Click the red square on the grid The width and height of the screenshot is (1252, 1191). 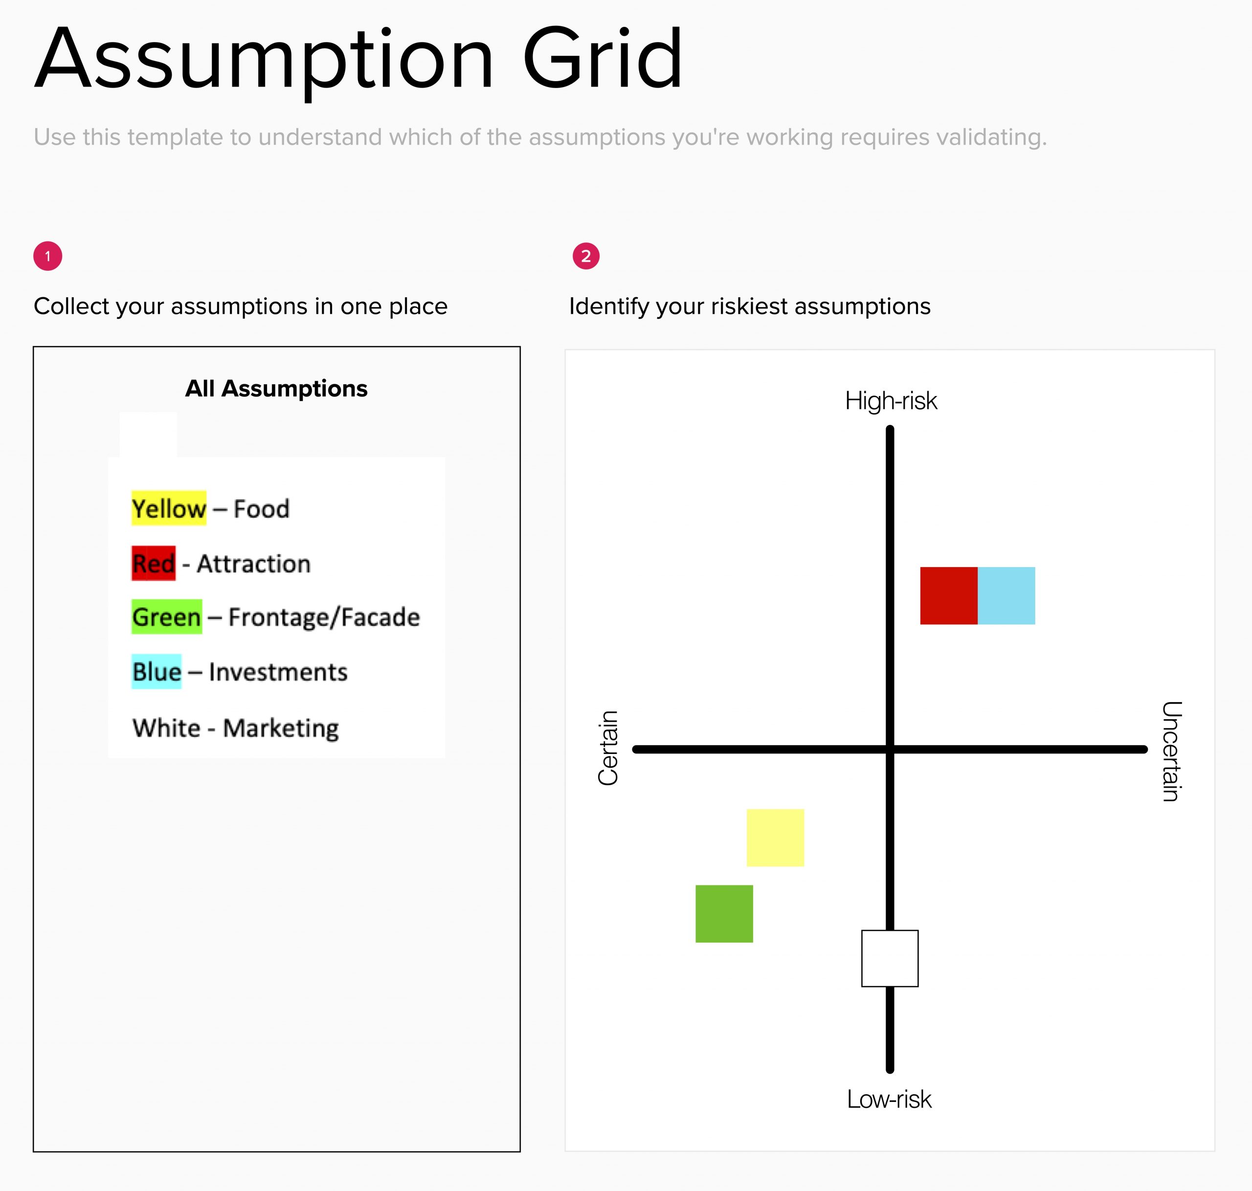pos(948,595)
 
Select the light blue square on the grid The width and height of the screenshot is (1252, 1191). pos(1006,595)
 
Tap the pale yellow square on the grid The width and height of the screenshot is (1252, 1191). pos(775,838)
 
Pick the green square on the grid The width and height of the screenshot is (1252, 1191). pos(724,914)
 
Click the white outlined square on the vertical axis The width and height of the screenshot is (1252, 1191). pos(890,958)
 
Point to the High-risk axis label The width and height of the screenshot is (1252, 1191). pos(891,400)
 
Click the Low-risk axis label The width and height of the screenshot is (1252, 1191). pos(889,1099)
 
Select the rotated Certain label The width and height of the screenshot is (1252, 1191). pos(607,748)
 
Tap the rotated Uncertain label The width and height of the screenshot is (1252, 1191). pos(1171,751)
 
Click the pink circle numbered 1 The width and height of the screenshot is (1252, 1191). pos(47,257)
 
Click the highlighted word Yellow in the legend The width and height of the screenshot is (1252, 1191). pos(169,508)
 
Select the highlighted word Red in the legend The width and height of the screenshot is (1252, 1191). pos(154,563)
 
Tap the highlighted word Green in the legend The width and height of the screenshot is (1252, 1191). pos(167,617)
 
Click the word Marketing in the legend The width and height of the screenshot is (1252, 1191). pos(281,728)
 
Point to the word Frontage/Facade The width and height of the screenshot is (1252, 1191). pos(324,617)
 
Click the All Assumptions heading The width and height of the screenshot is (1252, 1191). pos(276,388)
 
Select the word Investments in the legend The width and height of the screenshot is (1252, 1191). pos(278,672)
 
